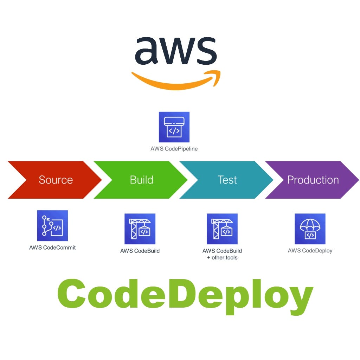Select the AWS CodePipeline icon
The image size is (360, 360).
pos(174,127)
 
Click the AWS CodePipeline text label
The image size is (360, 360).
pos(174,149)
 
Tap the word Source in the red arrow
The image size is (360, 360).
pos(56,180)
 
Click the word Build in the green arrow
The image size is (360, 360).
pos(141,180)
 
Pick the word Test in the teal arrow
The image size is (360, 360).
pos(227,180)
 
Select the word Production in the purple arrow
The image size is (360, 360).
pos(313,180)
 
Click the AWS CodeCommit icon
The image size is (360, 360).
pos(52,225)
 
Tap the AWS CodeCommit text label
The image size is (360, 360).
pos(52,247)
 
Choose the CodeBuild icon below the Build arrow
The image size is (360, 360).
pos(140,229)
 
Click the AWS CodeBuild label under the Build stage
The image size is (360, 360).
pos(140,251)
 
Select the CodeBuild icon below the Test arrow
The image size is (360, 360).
pos(222,229)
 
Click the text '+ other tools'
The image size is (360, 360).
pos(222,258)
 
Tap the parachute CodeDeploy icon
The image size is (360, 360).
pos(310,229)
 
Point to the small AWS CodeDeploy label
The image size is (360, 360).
pos(310,251)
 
